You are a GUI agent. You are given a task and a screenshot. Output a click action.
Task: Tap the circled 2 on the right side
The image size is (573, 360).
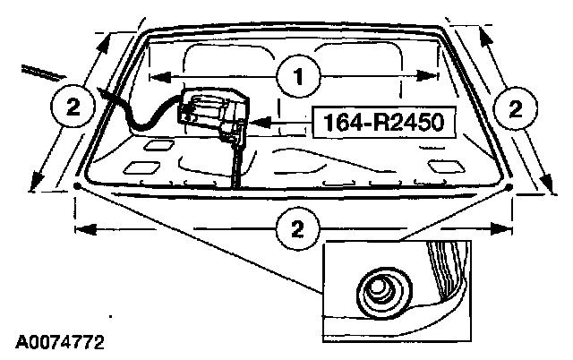(514, 108)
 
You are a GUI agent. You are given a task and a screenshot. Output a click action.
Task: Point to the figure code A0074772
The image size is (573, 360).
(58, 342)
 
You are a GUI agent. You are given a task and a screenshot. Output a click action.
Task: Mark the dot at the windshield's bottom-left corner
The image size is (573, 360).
(80, 185)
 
